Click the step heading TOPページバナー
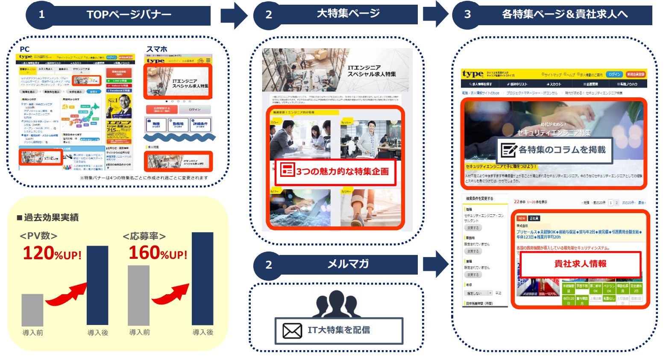129,15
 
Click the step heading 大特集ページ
348,14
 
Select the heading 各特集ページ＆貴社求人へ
564,15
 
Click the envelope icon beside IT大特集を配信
292,331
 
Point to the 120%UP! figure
52,253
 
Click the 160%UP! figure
158,253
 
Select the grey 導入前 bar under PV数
32,310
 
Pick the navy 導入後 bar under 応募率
202,278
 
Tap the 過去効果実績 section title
48,218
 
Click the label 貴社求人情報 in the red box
580,264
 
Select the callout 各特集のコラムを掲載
555,150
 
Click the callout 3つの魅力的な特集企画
335,171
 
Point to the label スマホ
157,49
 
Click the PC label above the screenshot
25,49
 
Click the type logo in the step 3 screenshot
472,74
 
